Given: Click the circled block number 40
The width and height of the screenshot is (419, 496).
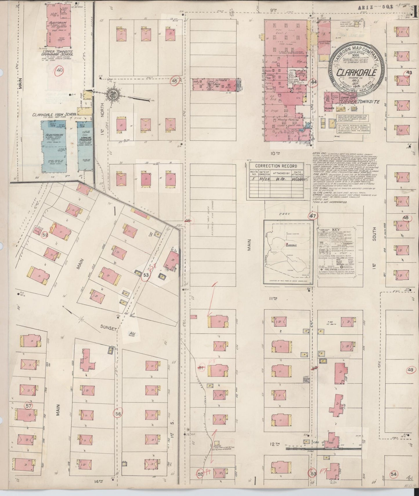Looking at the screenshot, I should tap(60, 70).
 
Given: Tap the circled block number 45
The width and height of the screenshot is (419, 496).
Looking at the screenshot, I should tap(175, 81).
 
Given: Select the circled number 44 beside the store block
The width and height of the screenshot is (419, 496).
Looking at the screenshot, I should tap(314, 82).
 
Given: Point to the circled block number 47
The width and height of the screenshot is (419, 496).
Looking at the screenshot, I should tap(313, 216).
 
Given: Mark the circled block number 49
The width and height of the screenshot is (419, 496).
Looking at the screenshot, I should tap(410, 370).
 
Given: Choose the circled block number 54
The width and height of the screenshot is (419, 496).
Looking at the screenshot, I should tap(393, 474).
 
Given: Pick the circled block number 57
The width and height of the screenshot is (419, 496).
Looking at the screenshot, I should tap(28, 406).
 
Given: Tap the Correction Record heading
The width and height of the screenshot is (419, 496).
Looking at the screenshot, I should tap(276, 166).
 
